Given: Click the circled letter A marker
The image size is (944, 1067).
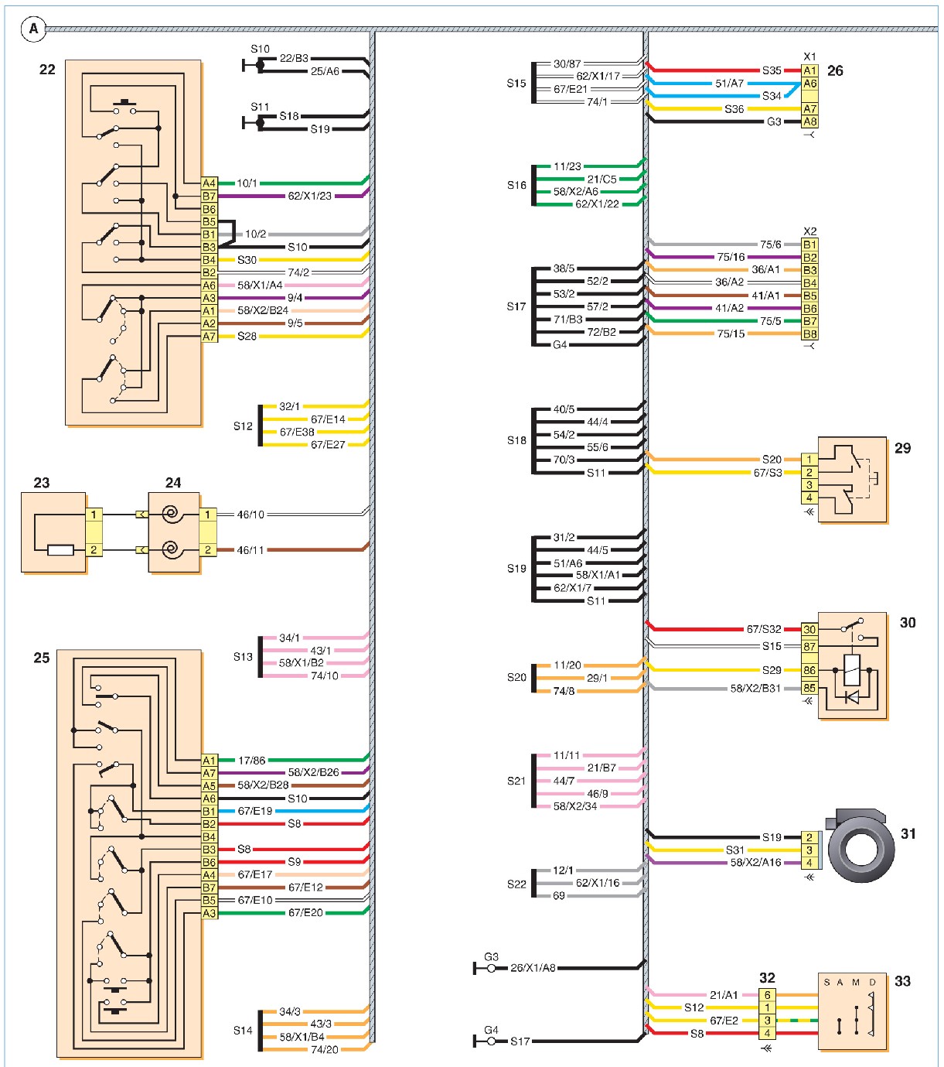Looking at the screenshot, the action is [33, 29].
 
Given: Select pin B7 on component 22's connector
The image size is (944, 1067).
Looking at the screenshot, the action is [209, 196].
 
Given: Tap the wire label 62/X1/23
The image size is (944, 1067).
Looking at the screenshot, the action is [309, 196].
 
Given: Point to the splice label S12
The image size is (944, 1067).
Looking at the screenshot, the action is [243, 426].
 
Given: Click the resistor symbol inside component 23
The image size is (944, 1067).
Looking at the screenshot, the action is [60, 550].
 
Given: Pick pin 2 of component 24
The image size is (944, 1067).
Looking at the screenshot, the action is [207, 550].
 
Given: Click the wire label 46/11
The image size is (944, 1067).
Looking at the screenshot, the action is [250, 550].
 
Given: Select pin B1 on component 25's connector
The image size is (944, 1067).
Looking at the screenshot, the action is [209, 811].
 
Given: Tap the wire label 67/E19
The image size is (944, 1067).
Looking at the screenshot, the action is [254, 811].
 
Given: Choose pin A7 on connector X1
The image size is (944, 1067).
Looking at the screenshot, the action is [809, 109].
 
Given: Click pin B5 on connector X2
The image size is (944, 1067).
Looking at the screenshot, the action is [809, 296].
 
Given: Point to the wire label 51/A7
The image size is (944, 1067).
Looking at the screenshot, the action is [729, 84].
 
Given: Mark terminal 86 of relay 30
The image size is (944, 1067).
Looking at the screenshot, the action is [809, 670].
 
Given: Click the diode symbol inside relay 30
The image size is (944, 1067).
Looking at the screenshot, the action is [851, 697].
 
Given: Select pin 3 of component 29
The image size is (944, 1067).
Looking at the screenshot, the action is [809, 484].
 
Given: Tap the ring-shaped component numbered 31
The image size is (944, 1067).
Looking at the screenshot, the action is [861, 847].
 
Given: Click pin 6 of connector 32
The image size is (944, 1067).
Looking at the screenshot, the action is [767, 995].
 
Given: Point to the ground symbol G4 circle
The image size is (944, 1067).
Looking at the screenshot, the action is [491, 1041].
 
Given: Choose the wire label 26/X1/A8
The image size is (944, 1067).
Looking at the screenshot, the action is [533, 967].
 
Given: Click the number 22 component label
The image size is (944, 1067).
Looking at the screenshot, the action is [47, 70].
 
